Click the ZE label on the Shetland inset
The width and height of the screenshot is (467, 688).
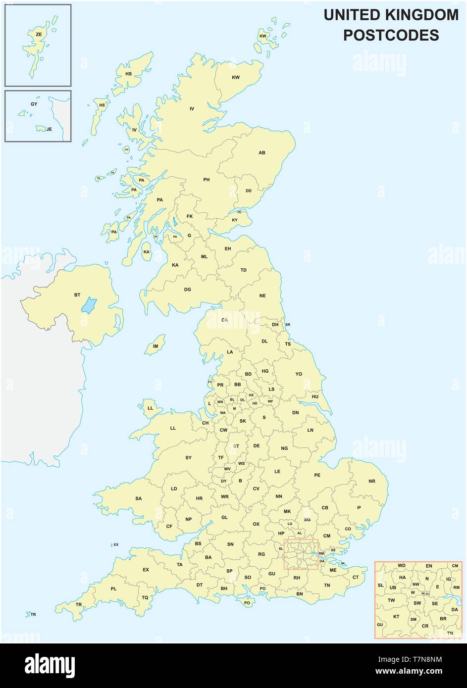click(39, 34)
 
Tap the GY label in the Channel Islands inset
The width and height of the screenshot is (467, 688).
click(34, 104)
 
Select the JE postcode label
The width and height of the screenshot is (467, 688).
click(49, 129)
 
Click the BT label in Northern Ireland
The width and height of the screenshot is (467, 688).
click(77, 295)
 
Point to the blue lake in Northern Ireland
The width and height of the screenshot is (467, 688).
click(89, 305)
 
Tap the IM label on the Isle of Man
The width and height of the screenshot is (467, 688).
click(156, 346)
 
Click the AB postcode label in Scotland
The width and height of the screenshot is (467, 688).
click(262, 153)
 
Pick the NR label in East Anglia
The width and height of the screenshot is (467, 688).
click(372, 481)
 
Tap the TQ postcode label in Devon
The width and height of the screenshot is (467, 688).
click(145, 597)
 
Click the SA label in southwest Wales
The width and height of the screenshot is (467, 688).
click(138, 498)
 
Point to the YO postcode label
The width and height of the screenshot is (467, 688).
click(299, 374)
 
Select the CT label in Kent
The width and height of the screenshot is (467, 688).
click(355, 577)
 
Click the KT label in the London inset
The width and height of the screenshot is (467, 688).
click(396, 617)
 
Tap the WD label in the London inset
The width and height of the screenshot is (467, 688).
click(402, 566)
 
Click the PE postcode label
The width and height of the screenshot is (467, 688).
click(317, 475)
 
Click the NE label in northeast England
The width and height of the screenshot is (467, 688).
click(262, 295)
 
